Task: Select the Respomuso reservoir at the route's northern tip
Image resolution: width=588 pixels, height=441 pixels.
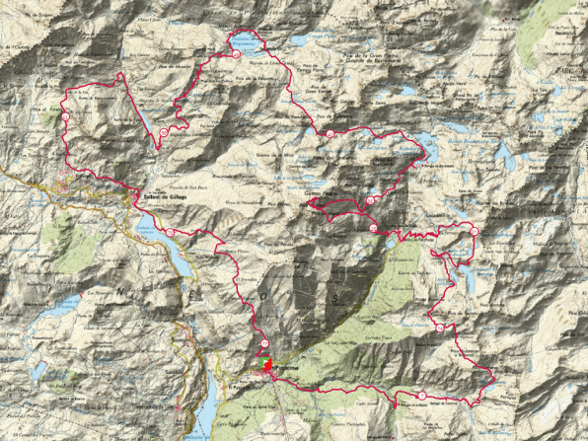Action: [x=246, y=42]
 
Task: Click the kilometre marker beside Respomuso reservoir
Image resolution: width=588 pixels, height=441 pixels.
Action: [x=237, y=56]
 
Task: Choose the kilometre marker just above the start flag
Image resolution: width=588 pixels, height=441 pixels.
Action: [x=264, y=342]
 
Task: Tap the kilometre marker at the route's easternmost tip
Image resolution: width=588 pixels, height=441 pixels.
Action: [x=474, y=231]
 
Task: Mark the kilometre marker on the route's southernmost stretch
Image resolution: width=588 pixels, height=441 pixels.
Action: [x=422, y=396]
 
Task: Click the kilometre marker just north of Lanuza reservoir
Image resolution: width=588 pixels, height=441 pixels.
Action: [x=170, y=232]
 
